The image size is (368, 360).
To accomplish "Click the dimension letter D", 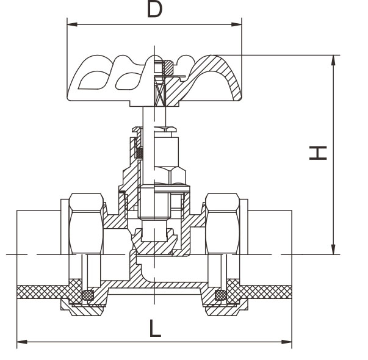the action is pyautogui.click(x=154, y=9).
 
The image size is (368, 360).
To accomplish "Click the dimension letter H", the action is pyautogui.click(x=318, y=153).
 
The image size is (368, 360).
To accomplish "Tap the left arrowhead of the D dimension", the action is pyautogui.click(x=72, y=24).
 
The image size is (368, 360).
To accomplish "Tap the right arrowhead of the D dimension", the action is pyautogui.click(x=237, y=24).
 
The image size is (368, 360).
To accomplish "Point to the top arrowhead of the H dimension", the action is pyautogui.click(x=333, y=60).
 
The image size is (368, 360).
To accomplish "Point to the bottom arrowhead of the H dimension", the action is pyautogui.click(x=333, y=249).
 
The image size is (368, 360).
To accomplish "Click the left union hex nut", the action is pyautogui.click(x=87, y=224).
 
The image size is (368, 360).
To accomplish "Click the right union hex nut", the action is pyautogui.click(x=223, y=224).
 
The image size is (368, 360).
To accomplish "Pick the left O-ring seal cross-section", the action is pyautogui.click(x=88, y=295).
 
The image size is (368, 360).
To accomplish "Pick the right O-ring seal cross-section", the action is pyautogui.click(x=221, y=295).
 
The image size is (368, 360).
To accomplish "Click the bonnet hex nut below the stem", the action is pyautogui.click(x=170, y=175).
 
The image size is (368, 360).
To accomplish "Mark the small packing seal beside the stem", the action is pyautogui.click(x=140, y=153).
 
